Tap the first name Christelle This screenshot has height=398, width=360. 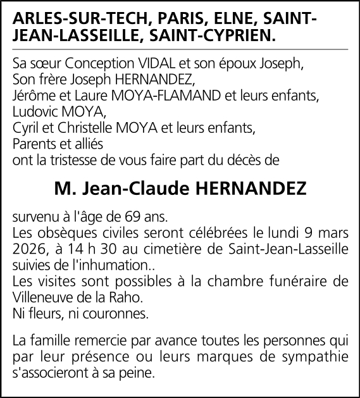click(90, 128)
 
